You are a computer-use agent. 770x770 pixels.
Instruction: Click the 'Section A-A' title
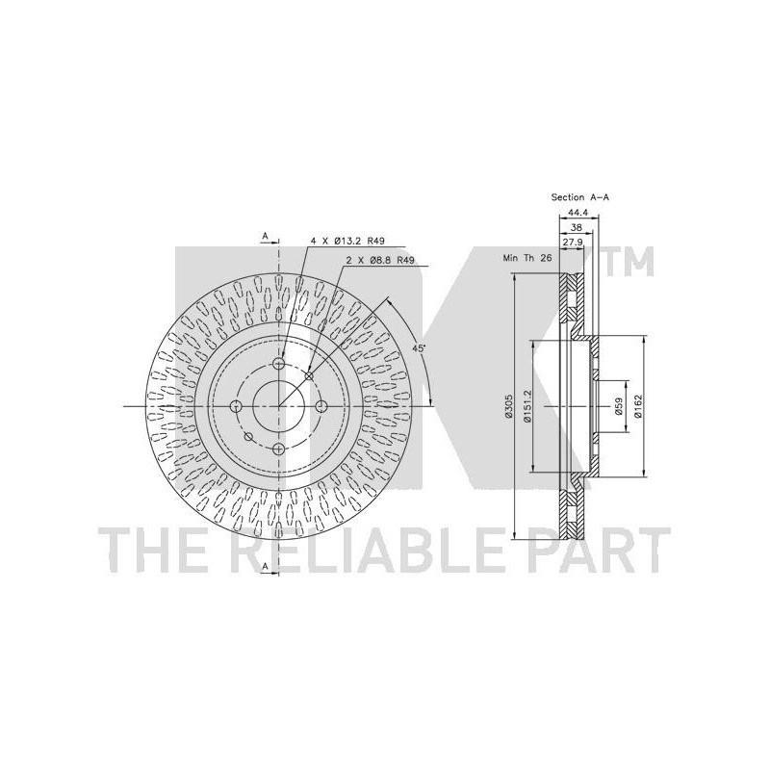click(580, 197)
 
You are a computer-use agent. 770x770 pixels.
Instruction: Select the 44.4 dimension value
click(577, 213)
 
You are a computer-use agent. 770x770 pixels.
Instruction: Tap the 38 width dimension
click(577, 227)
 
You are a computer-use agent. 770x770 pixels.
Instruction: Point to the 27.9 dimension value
click(573, 243)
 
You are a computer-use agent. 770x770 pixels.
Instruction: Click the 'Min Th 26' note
click(527, 258)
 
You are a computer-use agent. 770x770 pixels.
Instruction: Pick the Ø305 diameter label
click(508, 406)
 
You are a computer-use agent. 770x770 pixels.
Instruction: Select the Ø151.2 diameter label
click(527, 405)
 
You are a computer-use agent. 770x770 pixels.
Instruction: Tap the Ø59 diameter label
click(618, 406)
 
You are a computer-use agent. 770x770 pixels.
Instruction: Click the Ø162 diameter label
click(637, 406)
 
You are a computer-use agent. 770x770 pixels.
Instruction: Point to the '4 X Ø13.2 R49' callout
click(347, 241)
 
